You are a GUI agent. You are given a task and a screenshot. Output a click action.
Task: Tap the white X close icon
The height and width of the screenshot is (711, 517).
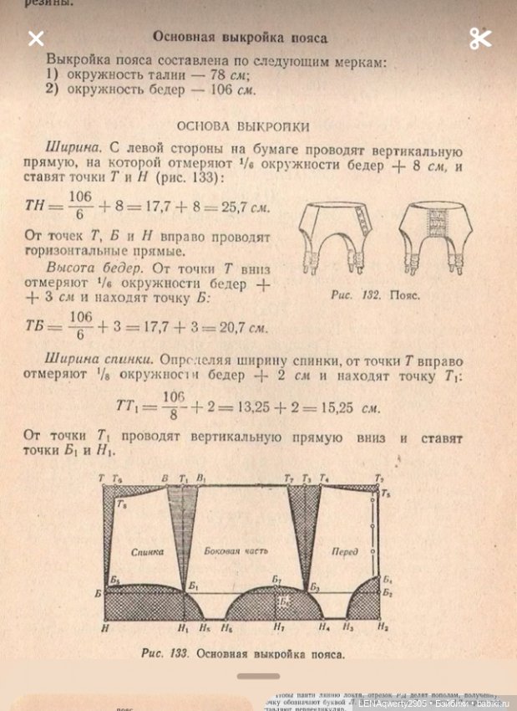36,38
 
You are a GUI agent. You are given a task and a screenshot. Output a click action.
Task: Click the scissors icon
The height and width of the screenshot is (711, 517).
480,38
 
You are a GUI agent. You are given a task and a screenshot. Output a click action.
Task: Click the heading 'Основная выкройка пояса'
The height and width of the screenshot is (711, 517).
241,38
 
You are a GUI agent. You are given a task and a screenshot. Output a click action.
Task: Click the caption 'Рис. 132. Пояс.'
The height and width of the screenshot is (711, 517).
375,295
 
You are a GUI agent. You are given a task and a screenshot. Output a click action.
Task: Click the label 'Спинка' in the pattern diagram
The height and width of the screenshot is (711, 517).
147,552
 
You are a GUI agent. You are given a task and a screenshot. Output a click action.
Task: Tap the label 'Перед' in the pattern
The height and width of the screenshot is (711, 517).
344,552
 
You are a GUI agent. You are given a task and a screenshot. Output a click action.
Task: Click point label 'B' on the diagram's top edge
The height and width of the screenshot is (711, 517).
165,478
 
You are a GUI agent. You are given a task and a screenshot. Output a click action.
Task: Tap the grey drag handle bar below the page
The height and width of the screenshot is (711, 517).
258,676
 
